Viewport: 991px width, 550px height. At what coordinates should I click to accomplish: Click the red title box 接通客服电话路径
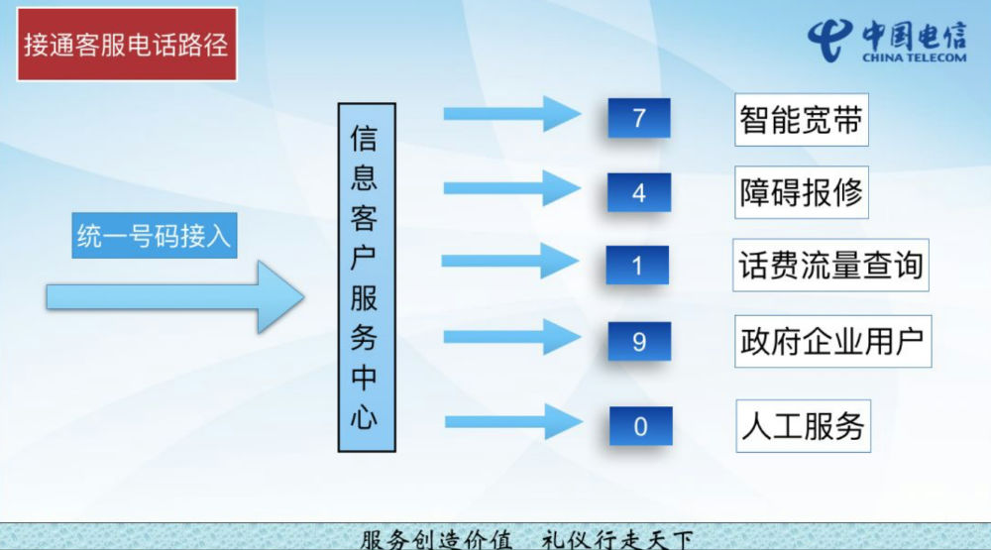tap(127, 45)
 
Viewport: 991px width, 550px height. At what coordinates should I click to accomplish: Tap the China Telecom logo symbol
tap(829, 40)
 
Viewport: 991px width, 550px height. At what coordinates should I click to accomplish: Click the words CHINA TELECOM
tap(915, 57)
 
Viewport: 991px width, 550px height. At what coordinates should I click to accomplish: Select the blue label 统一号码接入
tap(155, 236)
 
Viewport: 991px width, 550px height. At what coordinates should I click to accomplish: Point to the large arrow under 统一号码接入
tap(175, 296)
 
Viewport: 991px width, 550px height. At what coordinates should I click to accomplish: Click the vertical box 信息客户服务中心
tap(367, 277)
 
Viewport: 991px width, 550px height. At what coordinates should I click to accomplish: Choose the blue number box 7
tap(639, 118)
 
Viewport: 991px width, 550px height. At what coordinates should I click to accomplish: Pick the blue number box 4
tap(639, 193)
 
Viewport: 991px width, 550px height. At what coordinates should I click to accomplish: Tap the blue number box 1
tap(637, 266)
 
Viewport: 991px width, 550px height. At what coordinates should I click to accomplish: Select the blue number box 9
tap(639, 341)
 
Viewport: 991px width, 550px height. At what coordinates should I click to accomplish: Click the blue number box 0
tap(640, 427)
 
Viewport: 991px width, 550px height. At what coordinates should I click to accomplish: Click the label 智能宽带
tap(802, 120)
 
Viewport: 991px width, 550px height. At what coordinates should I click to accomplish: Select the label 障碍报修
tap(802, 193)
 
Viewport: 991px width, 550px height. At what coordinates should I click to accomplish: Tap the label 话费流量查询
tap(830, 266)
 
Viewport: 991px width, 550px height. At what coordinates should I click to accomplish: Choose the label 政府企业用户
tap(833, 341)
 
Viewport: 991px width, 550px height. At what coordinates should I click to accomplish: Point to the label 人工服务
tap(804, 426)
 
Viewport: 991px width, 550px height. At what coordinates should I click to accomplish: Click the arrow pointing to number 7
tap(512, 114)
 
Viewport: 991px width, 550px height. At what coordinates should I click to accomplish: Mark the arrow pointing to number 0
tap(513, 422)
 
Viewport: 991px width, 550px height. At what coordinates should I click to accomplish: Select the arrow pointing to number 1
tap(510, 261)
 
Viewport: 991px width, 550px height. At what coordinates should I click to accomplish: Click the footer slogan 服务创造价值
tap(436, 540)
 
